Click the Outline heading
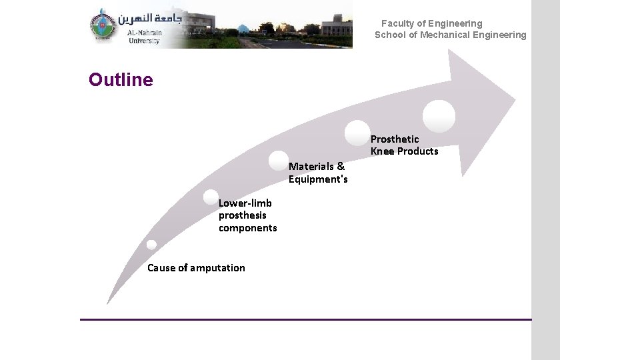[121, 80]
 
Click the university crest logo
[103, 27]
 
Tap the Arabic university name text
[154, 19]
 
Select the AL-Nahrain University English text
[144, 37]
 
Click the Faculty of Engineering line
[431, 23]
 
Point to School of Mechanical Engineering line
[450, 35]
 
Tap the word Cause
[161, 268]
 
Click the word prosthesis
[243, 215]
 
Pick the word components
[248, 228]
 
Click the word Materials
[311, 166]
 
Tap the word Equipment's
[318, 179]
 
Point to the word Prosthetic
[395, 139]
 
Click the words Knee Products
[405, 151]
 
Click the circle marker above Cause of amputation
[152, 245]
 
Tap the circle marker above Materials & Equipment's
[279, 161]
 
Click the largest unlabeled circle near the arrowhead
[439, 116]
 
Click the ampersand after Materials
[341, 166]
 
